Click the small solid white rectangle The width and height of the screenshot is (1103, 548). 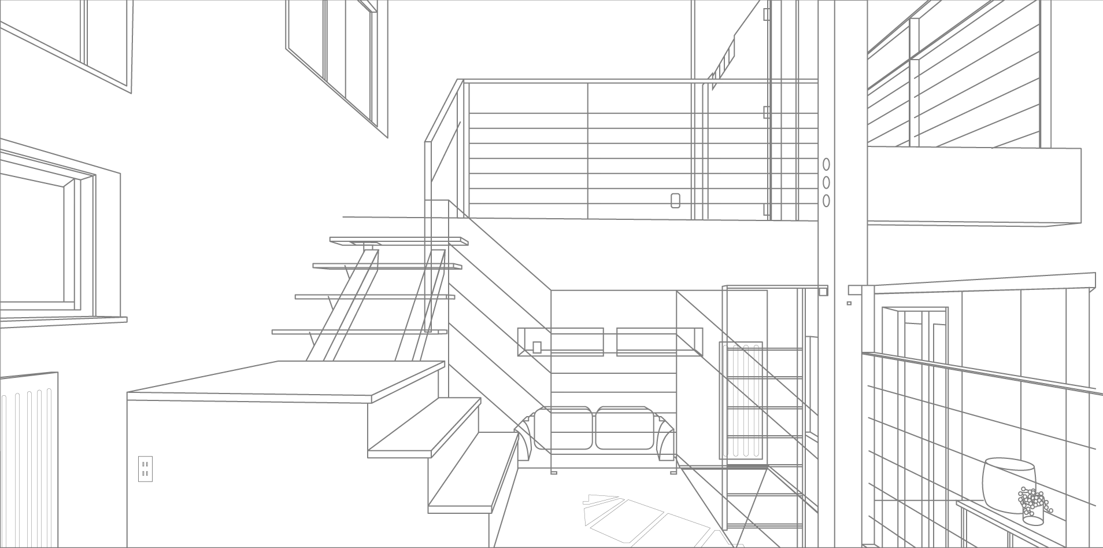point(537,347)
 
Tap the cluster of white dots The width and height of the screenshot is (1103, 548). point(1034,501)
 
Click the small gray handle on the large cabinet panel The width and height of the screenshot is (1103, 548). point(143,469)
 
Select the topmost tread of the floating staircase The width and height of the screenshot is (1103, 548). point(405,218)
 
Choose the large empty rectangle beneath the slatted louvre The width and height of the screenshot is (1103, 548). point(974,184)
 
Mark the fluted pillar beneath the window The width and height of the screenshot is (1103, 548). point(32,463)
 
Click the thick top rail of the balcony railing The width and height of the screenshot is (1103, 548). point(578,81)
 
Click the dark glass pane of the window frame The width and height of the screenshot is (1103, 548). point(32,240)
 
